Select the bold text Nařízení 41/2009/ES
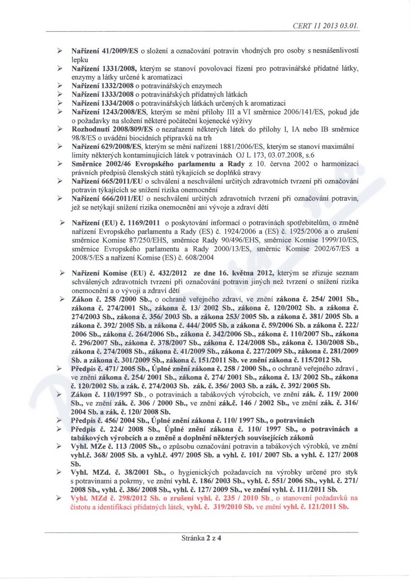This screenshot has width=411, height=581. [105, 50]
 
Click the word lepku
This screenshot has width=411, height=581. [79, 59]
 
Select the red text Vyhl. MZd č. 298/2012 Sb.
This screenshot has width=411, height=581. [113, 498]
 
